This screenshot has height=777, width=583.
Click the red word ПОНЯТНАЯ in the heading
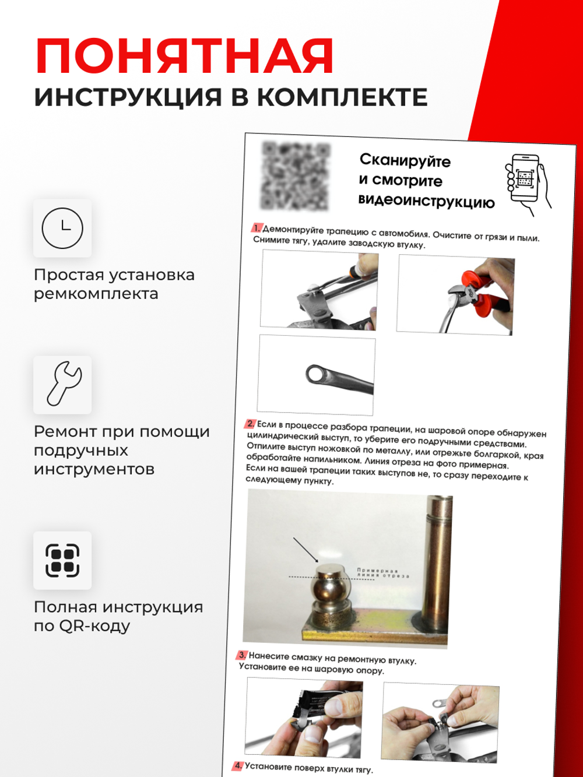click(x=184, y=57)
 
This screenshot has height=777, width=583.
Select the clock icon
click(x=62, y=228)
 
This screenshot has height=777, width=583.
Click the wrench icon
click(x=62, y=384)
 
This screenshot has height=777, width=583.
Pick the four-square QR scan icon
click(x=62, y=560)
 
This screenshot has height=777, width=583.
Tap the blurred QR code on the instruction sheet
click(x=296, y=175)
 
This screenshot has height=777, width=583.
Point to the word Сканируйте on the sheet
click(x=405, y=160)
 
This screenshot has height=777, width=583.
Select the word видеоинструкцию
click(x=426, y=201)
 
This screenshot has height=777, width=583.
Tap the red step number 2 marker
click(x=250, y=424)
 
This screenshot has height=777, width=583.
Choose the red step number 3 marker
click(x=242, y=655)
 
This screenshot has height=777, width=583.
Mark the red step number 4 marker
click(x=237, y=765)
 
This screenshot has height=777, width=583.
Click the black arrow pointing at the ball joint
click(x=304, y=550)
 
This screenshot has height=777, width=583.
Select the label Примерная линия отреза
click(x=382, y=574)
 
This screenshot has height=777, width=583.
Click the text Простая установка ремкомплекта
click(x=114, y=284)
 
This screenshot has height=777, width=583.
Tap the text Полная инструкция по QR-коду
click(x=118, y=616)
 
